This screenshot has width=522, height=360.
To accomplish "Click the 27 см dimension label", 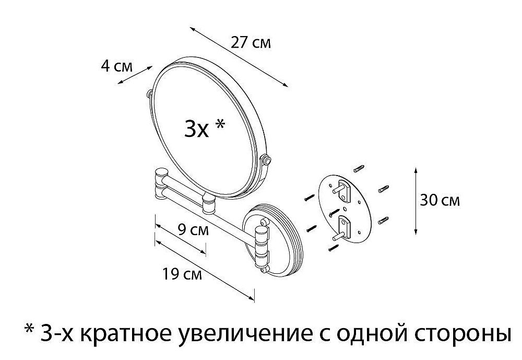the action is click(x=251, y=42).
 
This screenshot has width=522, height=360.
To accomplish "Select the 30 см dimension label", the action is click(x=440, y=200).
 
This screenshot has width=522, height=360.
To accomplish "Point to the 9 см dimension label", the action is click(x=193, y=230).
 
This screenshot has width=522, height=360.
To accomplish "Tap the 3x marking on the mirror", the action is click(x=196, y=130).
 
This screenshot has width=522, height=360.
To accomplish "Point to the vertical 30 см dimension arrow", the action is click(x=416, y=201).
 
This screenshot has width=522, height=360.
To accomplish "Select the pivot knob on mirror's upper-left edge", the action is click(x=149, y=94).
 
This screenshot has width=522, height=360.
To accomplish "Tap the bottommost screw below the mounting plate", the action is click(x=334, y=247).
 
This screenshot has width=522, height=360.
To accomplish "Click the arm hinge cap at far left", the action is click(x=162, y=175).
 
